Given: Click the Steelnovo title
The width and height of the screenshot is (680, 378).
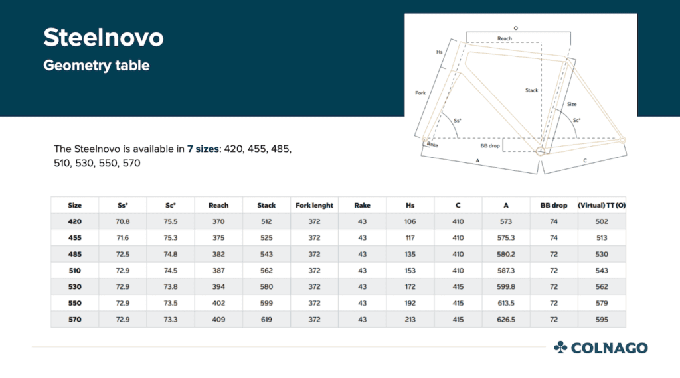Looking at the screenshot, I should [103, 38].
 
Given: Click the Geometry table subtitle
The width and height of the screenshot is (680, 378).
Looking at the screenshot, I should [96, 66].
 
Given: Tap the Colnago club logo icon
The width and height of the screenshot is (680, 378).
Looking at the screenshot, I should [560, 347].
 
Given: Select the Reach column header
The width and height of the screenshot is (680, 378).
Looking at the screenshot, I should [218, 206].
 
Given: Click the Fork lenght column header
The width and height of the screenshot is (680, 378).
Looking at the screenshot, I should [314, 206].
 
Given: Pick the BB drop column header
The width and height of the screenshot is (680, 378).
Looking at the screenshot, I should [554, 206].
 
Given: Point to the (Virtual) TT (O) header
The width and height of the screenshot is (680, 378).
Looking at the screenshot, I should [602, 206].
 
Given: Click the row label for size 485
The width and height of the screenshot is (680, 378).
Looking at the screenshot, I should [75, 254].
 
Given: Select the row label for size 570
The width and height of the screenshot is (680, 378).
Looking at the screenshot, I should [75, 319].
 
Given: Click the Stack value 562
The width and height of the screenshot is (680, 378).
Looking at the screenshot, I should [266, 271].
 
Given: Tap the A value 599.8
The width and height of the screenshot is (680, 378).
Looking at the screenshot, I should [506, 286].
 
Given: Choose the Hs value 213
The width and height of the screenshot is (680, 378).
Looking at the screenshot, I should [410, 319].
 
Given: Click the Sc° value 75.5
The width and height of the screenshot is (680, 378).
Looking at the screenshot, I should [171, 221].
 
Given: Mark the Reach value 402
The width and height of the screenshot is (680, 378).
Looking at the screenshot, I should [218, 303].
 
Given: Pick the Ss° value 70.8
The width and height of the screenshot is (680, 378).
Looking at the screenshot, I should [123, 221].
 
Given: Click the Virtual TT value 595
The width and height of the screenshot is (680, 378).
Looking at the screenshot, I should [602, 319].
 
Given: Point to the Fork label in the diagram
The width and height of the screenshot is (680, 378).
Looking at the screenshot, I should [420, 93].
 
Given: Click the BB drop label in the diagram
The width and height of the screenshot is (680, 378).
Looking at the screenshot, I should [490, 145].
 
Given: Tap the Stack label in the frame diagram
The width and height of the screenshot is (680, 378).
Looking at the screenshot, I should [531, 90].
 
